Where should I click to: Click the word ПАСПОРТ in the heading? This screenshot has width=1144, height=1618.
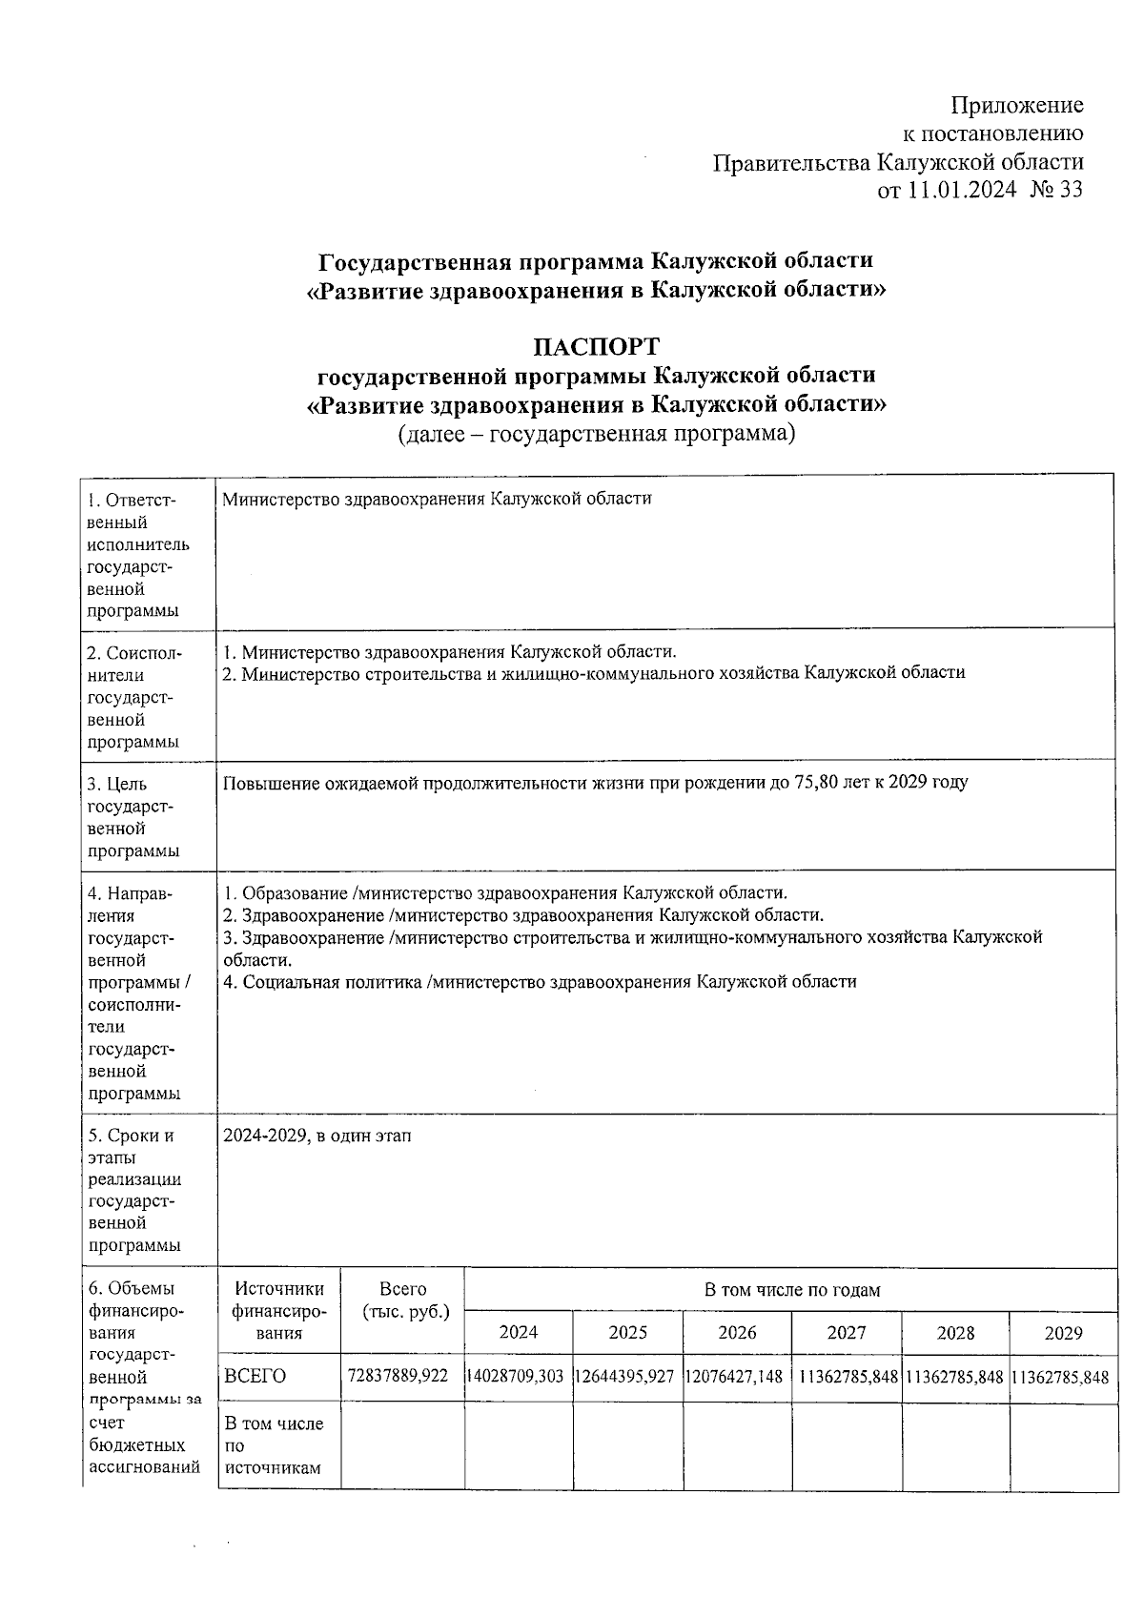click(x=596, y=345)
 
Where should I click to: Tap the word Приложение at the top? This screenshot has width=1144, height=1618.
click(x=1017, y=105)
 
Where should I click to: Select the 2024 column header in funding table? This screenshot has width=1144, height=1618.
click(x=519, y=1332)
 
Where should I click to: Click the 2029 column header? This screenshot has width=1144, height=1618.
click(x=1063, y=1332)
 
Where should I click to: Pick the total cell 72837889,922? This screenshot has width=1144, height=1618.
click(x=402, y=1376)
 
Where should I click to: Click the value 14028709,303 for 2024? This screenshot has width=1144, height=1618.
click(x=519, y=1377)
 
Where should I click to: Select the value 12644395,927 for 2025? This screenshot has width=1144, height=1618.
click(x=627, y=1377)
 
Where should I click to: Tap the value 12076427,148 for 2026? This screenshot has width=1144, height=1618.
click(x=737, y=1377)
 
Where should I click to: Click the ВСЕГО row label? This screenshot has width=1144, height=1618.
click(x=255, y=1376)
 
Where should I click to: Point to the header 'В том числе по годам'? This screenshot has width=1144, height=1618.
click(x=791, y=1290)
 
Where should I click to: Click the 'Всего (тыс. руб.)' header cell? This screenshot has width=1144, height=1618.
click(x=403, y=1301)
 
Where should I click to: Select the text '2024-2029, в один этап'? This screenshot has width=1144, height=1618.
click(x=317, y=1136)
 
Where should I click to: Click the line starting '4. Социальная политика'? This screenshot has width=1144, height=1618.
click(x=540, y=981)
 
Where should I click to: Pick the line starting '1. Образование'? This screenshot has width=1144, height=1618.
click(x=505, y=893)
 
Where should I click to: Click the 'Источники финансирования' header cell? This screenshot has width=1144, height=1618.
click(x=278, y=1310)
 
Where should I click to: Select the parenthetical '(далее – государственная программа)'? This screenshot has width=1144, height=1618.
click(x=596, y=435)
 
